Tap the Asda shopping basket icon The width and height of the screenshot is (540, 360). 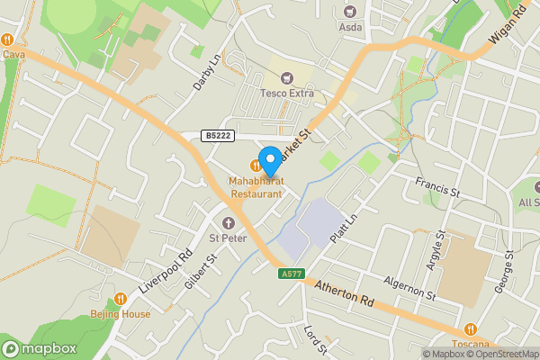tap(349, 12)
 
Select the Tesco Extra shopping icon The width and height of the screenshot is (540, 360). tap(288, 78)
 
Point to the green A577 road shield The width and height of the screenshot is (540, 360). tap(291, 274)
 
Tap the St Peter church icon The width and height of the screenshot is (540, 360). tap(228, 222)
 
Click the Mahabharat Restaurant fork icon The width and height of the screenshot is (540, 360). tap(256, 165)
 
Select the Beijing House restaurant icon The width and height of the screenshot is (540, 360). tap(121, 299)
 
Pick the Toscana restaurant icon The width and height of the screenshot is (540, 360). tap(470, 330)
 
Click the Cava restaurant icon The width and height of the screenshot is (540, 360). tap(7, 40)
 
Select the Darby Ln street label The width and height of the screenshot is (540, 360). tap(206, 74)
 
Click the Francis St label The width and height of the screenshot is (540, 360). tap(437, 188)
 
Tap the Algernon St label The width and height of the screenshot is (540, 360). tap(409, 288)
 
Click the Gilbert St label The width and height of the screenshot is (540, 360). tap(202, 271)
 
